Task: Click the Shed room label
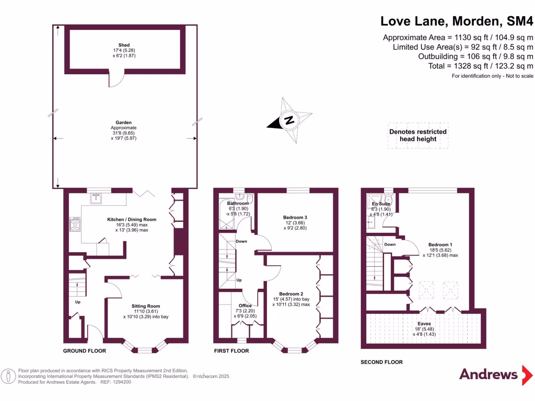[x=124, y=45]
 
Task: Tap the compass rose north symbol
[x=288, y=121]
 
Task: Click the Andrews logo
[x=489, y=374]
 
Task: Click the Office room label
[x=245, y=305]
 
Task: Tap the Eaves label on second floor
[x=424, y=324]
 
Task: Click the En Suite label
[x=380, y=204]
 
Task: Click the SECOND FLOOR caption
[x=382, y=362]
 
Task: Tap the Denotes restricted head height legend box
[x=417, y=135]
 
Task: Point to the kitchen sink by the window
[x=96, y=198]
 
